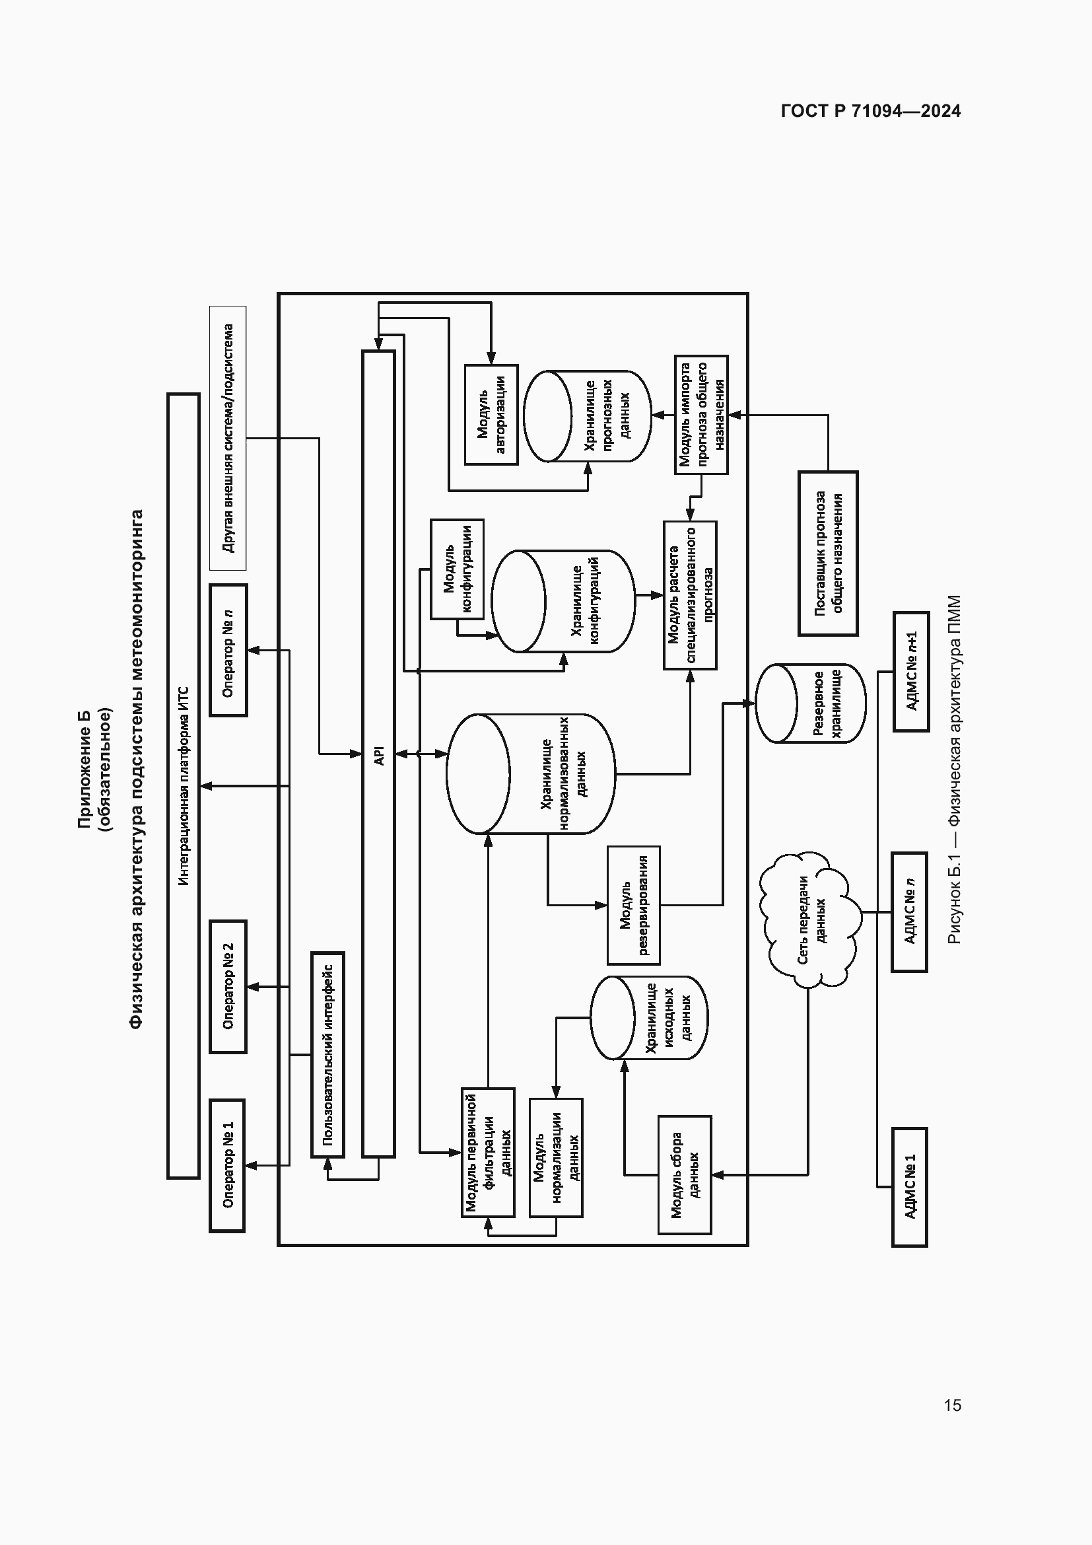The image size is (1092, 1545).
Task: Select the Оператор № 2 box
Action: (x=228, y=986)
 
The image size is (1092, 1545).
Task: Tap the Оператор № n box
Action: (x=228, y=650)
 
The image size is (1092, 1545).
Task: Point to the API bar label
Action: (x=378, y=754)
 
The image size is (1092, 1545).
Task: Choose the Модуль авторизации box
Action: (x=491, y=415)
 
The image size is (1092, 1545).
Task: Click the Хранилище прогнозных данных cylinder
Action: (x=588, y=416)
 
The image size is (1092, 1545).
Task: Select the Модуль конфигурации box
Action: (x=458, y=569)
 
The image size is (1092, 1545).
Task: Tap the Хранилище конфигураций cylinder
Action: (x=563, y=601)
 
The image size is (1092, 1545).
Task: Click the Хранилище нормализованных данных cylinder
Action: (x=531, y=774)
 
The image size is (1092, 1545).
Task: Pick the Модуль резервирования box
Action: (x=633, y=905)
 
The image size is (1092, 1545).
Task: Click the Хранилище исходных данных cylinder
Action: (x=650, y=1018)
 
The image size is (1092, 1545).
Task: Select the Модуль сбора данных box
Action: (x=685, y=1175)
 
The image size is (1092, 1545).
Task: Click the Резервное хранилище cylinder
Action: (x=811, y=703)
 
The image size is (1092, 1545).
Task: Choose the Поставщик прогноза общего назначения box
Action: (x=828, y=553)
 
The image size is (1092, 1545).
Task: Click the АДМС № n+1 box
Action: (x=911, y=672)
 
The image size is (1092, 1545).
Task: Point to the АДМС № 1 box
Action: (x=909, y=1187)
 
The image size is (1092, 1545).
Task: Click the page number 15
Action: (x=952, y=1405)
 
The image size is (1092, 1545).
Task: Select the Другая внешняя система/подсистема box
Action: (x=228, y=438)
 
